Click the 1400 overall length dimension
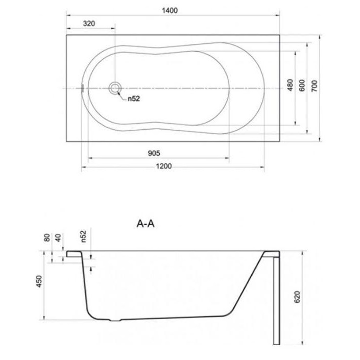170,11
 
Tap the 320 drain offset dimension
89,23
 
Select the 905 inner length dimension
154,153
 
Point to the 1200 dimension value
164,166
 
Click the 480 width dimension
290,85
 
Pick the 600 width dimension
302,85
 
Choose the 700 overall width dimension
315,86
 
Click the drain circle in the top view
115,88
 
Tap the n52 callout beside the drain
134,99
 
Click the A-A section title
146,223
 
